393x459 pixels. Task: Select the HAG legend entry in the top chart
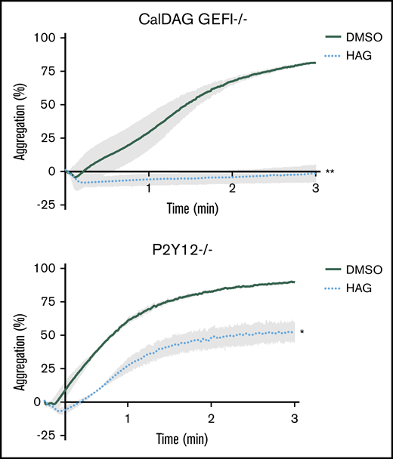coord(361,55)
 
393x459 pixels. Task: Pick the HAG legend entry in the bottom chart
coord(361,288)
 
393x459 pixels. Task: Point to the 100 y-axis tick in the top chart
coord(48,37)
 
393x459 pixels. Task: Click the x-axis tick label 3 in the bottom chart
coord(294,417)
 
